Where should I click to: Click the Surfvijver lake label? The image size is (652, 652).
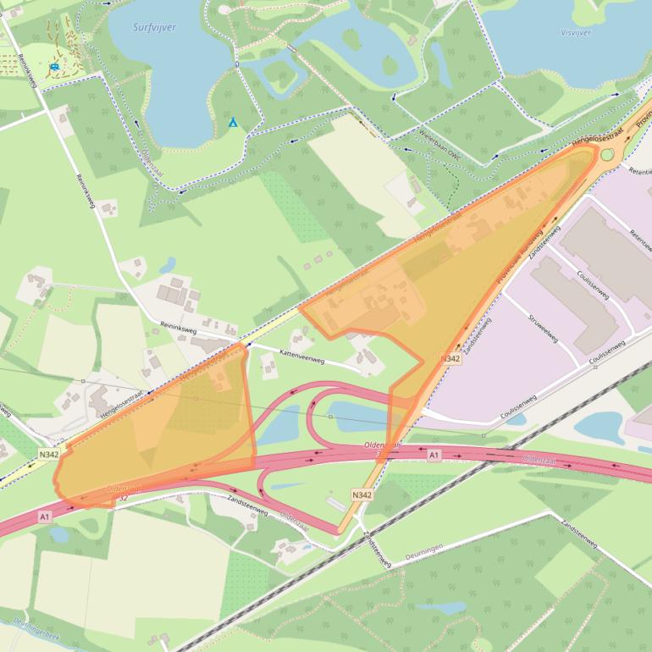(154, 28)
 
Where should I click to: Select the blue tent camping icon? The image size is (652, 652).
(233, 123)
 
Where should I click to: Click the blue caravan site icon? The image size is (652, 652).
(55, 66)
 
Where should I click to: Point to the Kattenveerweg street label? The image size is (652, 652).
(279, 351)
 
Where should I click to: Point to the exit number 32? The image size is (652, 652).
(123, 497)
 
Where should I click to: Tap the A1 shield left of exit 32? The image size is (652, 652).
(44, 516)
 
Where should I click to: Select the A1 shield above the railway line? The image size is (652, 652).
(434, 456)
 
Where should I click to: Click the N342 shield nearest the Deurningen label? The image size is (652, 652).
(362, 495)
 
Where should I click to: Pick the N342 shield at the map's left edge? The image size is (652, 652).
(49, 454)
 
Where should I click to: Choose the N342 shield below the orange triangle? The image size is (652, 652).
(451, 359)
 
